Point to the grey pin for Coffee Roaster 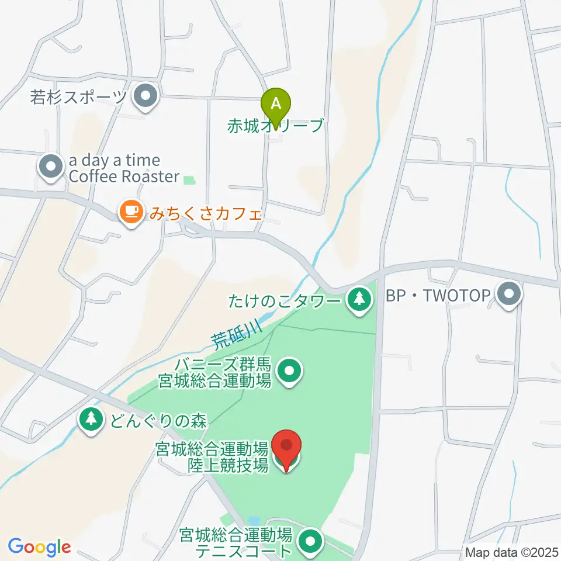(x=51, y=167)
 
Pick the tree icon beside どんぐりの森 (x=91, y=420)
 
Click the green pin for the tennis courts (x=310, y=541)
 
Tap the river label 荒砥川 (x=237, y=333)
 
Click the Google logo (x=39, y=547)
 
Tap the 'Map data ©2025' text (x=512, y=551)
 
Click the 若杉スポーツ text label (x=78, y=97)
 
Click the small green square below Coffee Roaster (x=189, y=181)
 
